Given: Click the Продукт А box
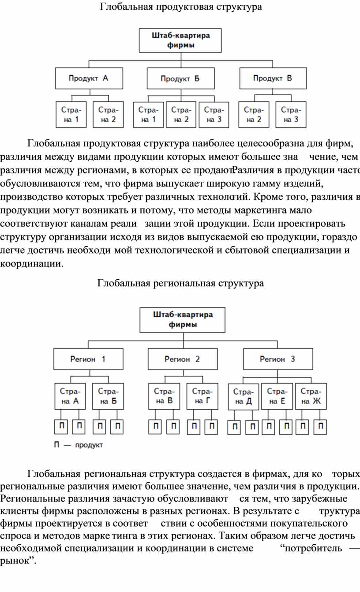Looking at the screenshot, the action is pyautogui.click(x=89, y=78).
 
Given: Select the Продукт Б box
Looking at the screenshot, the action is pyautogui.click(x=181, y=78).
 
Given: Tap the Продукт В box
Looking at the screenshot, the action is pyautogui.click(x=273, y=78).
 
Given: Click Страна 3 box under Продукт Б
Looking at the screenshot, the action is pyautogui.click(x=214, y=115).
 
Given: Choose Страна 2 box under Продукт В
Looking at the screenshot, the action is pyautogui.click(x=254, y=115).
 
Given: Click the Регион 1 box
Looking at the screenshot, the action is pyautogui.click(x=88, y=359).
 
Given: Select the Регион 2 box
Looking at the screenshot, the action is pyautogui.click(x=183, y=359).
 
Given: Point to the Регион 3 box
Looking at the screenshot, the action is pyautogui.click(x=278, y=359).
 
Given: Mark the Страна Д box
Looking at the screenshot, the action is pyautogui.click(x=244, y=397).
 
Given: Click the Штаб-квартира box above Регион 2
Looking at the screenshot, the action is pyautogui.click(x=182, y=320).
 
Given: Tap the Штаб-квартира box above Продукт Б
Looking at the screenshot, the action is pyautogui.click(x=180, y=41).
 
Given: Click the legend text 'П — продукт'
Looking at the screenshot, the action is pyautogui.click(x=78, y=445).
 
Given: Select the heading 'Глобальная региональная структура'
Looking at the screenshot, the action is pyautogui.click(x=180, y=283).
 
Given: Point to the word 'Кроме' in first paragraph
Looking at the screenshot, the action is pyautogui.click(x=265, y=197).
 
